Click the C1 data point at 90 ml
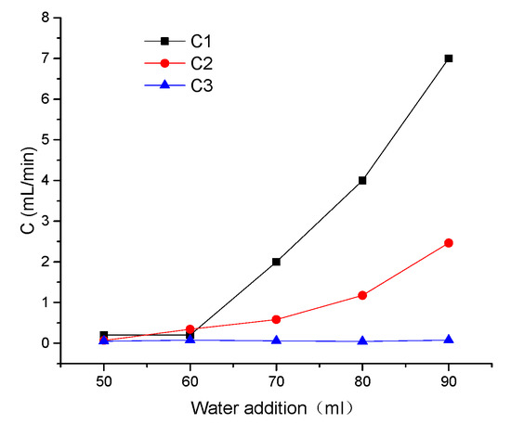[x=449, y=58]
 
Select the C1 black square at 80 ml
[x=362, y=180]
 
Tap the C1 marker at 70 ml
[x=276, y=262]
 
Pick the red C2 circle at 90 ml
[x=449, y=243]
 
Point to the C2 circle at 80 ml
[x=362, y=295]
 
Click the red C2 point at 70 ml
[x=276, y=319]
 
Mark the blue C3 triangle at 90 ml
[x=449, y=340]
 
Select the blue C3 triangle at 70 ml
[x=276, y=340]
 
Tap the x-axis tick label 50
[x=104, y=380]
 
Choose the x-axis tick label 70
[x=276, y=380]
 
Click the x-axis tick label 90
[x=449, y=380]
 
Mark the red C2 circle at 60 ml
[x=190, y=329]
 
